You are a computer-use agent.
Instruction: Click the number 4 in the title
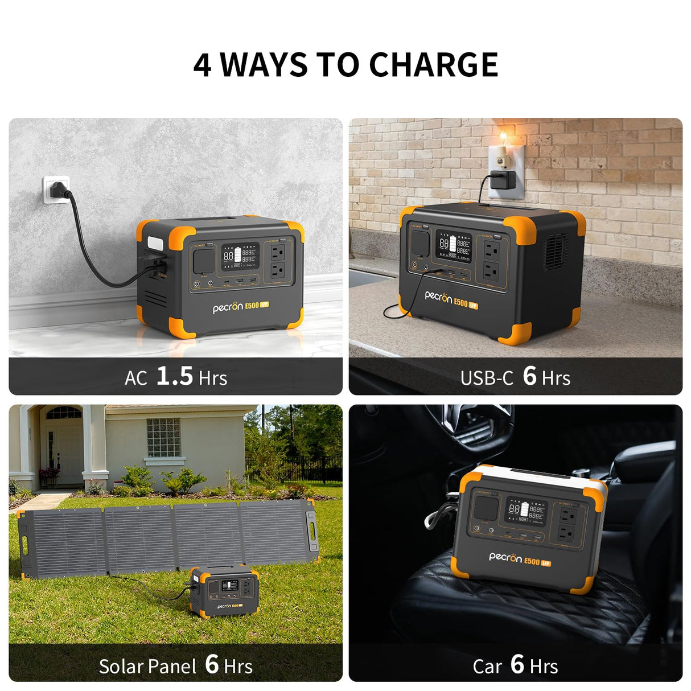pyautogui.click(x=202, y=65)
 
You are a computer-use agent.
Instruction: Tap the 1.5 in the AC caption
pyautogui.click(x=174, y=376)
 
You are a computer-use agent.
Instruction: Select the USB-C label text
pyautogui.click(x=486, y=377)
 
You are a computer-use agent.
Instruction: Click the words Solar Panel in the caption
pyautogui.click(x=147, y=666)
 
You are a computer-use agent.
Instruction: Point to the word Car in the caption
pyautogui.click(x=487, y=666)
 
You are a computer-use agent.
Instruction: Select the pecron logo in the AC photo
pyautogui.click(x=228, y=308)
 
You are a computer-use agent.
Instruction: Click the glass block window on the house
pyautogui.click(x=163, y=437)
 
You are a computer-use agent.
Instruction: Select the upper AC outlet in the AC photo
pyautogui.click(x=278, y=251)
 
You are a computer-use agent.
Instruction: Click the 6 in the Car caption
pyautogui.click(x=517, y=664)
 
